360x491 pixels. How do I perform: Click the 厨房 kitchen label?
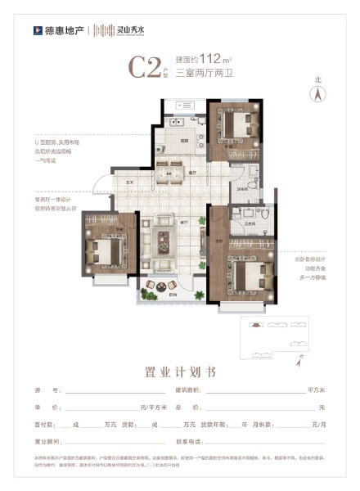186,141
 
